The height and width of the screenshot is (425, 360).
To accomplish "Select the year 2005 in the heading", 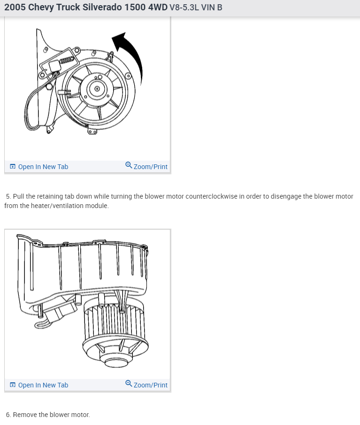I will pos(15,8).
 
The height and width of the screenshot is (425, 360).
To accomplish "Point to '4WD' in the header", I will pos(157,8).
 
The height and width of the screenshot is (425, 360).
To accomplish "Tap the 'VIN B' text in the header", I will pos(212,8).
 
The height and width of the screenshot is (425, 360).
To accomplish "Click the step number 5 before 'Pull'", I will pos(8,196).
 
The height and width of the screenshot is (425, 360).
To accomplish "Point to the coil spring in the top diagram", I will pos(67,60).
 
